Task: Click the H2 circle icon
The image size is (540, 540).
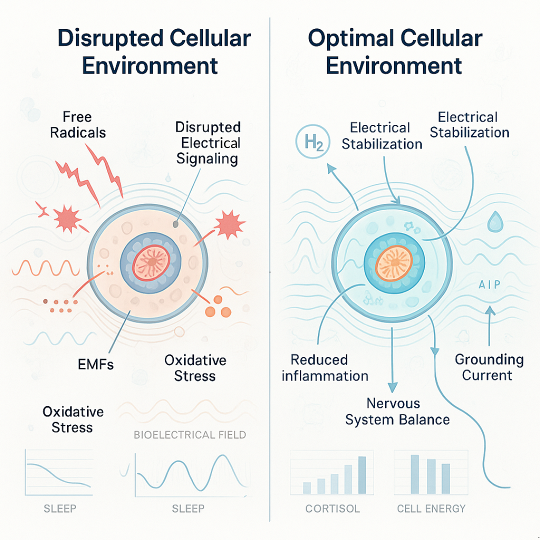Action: pos(312,141)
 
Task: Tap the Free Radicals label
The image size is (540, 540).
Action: pos(78,124)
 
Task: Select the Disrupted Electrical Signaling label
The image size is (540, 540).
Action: pos(207,143)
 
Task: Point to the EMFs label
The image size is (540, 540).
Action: pos(95,364)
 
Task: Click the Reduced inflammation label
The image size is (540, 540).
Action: pos(325,368)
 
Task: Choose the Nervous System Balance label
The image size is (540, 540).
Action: pos(397,411)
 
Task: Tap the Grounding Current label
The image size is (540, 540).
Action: pos(489,367)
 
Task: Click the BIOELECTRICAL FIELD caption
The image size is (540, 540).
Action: pos(190,435)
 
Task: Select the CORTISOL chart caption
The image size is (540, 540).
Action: pos(332,508)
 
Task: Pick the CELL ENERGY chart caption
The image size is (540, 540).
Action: pos(431,508)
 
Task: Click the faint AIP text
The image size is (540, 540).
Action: pos(489,284)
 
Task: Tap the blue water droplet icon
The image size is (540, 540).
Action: pos(495,221)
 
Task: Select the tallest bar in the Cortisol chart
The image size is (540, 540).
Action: pos(362,475)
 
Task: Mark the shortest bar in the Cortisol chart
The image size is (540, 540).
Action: pos(307,488)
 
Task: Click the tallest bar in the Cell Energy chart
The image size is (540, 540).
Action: pos(414,474)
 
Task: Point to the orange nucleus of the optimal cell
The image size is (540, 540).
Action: pos(394,263)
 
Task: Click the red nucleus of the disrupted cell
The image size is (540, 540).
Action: pos(151,263)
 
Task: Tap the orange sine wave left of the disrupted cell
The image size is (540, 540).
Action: pos(46,268)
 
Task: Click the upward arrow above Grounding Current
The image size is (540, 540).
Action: pos(489,325)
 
